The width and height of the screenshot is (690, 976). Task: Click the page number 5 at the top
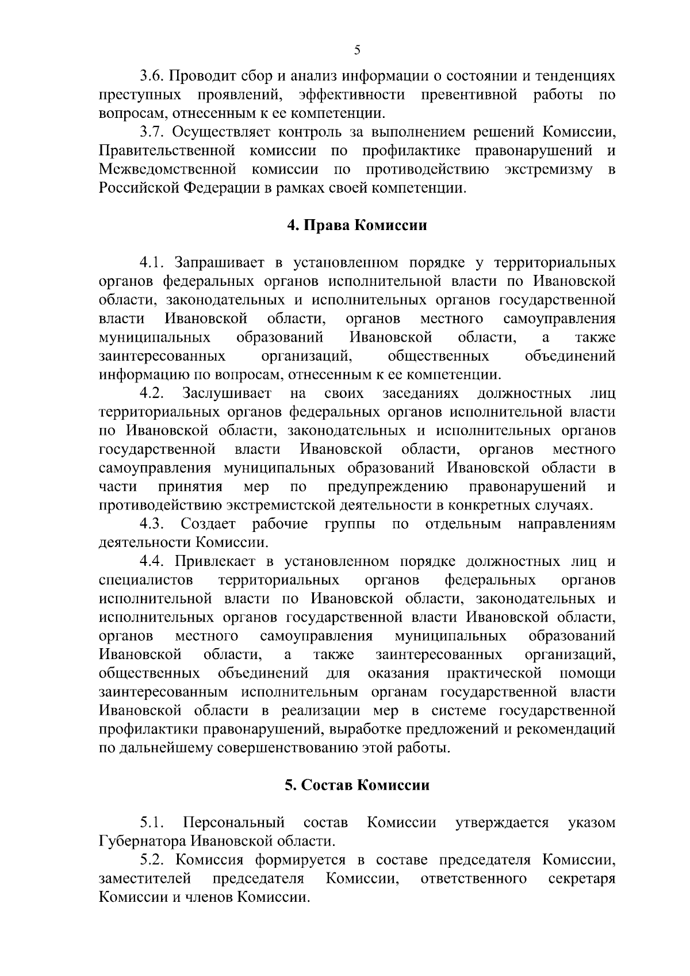pyautogui.click(x=357, y=51)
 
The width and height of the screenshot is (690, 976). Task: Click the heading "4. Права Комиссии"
pyautogui.click(x=357, y=225)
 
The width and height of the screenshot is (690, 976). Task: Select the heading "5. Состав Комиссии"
pyautogui.click(x=357, y=785)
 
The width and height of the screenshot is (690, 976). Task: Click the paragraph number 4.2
pyautogui.click(x=153, y=393)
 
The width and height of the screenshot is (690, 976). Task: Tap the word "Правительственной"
pyautogui.click(x=167, y=151)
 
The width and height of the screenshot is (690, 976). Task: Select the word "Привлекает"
pyautogui.click(x=216, y=561)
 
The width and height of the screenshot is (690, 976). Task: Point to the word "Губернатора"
pyautogui.click(x=139, y=841)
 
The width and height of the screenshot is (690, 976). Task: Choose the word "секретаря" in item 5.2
pyautogui.click(x=582, y=879)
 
